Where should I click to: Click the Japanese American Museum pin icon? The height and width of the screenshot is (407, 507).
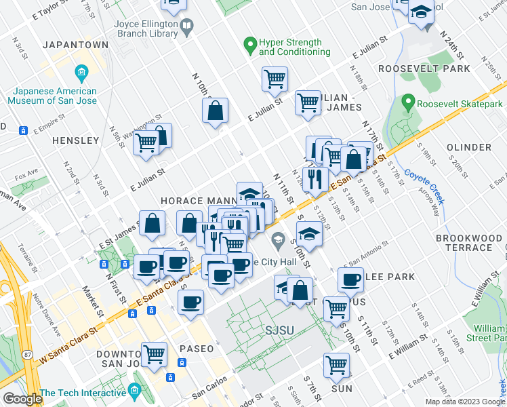81,72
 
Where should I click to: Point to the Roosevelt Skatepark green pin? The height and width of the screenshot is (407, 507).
408,104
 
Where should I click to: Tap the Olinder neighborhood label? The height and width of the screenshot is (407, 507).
469,147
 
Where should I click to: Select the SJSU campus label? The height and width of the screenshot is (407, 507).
269,330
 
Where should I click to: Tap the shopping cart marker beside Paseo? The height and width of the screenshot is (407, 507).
155,353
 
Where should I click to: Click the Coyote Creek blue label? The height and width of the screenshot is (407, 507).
424,183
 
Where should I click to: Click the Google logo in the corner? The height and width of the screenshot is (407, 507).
22,399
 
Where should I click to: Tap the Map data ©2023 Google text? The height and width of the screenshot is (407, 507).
464,402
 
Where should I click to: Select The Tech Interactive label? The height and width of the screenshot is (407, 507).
82,393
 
